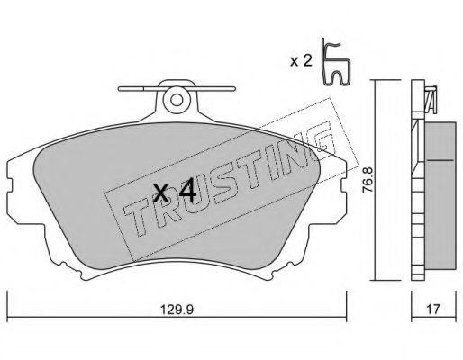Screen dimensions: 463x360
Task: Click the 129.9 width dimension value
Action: tap(177, 310)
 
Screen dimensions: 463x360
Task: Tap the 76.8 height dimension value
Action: tap(368, 180)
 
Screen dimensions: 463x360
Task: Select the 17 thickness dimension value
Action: tap(433, 310)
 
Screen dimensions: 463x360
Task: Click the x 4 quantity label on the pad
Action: tap(175, 193)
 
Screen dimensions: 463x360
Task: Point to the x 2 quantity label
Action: tap(301, 61)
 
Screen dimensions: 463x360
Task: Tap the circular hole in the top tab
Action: tap(177, 100)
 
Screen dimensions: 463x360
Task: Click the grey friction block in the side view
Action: tap(440, 195)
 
